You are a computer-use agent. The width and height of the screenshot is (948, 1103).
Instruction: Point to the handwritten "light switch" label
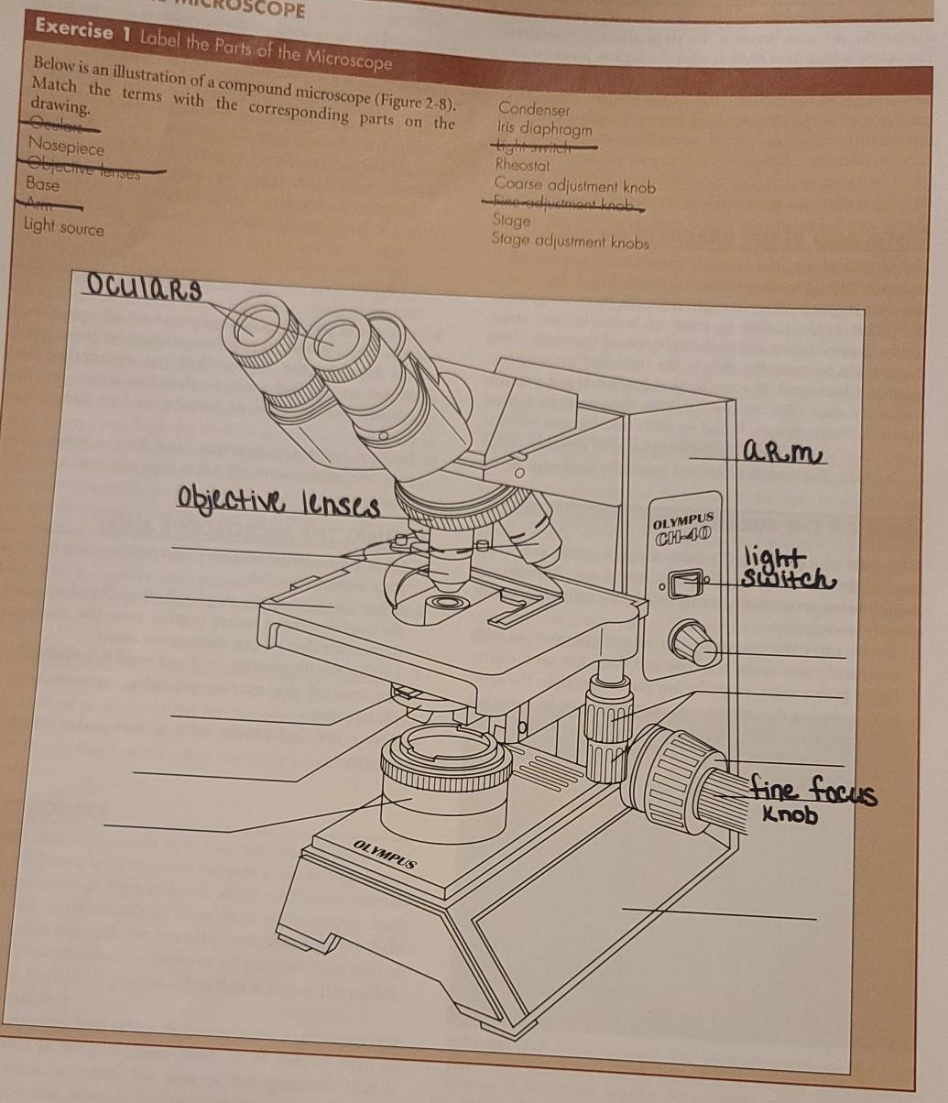(789, 569)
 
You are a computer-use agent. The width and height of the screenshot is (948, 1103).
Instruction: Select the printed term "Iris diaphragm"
(544, 128)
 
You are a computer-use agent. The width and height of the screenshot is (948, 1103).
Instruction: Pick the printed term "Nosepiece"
(66, 146)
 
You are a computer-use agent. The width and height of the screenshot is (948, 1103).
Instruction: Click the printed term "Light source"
(64, 226)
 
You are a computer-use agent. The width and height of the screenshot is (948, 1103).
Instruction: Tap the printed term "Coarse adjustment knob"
(574, 185)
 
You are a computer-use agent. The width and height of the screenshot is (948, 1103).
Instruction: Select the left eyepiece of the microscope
(256, 331)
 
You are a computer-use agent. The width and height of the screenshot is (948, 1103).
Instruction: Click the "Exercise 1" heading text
(75, 31)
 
